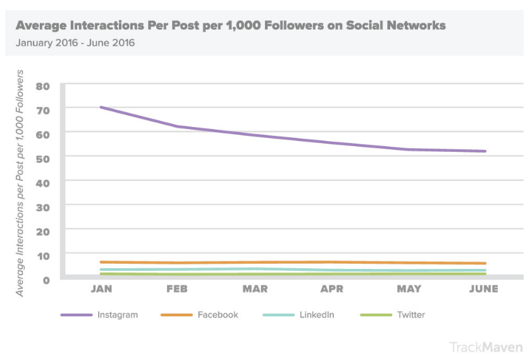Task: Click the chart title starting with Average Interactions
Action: point(230,26)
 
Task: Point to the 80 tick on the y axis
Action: point(43,86)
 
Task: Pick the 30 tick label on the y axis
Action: point(43,207)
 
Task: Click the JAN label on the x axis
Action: point(101,289)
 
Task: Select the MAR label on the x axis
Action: point(255,289)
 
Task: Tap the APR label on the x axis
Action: point(331,289)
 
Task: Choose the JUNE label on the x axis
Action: point(484,289)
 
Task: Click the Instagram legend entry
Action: point(117,314)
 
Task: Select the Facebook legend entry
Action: point(218,314)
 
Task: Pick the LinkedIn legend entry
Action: point(316,314)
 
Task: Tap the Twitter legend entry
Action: point(410,314)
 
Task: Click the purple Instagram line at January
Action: point(101,107)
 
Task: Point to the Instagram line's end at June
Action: point(484,151)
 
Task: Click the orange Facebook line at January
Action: point(101,262)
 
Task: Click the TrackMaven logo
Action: point(486,347)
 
